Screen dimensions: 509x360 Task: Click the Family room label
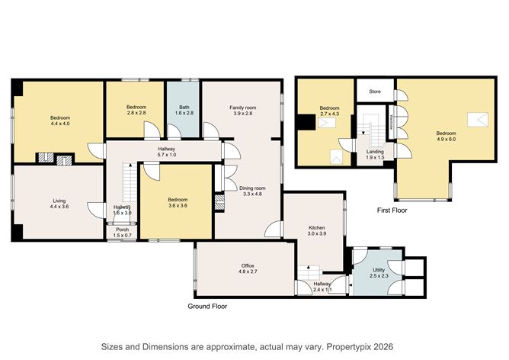(x=243, y=108)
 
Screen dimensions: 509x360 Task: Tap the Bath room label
(x=184, y=108)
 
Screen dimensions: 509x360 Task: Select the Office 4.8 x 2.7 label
(x=248, y=268)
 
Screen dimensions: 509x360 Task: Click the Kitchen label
(x=316, y=228)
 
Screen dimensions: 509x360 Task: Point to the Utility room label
(x=379, y=270)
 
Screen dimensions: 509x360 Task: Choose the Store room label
(x=375, y=92)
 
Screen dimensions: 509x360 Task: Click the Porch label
(x=123, y=230)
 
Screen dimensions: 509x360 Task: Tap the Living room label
(x=59, y=201)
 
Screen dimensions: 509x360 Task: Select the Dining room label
(x=252, y=188)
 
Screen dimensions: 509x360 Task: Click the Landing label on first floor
(x=375, y=152)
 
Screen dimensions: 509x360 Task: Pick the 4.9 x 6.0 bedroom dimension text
(x=446, y=139)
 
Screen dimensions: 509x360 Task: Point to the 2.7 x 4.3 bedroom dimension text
(x=329, y=114)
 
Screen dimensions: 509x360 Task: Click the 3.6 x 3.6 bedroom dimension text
(x=178, y=205)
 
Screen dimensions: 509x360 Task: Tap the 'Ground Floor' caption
(x=207, y=307)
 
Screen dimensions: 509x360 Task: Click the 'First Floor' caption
(x=392, y=211)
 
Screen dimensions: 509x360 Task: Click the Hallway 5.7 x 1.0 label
(x=167, y=152)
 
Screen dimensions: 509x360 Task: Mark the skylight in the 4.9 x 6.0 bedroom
(x=478, y=120)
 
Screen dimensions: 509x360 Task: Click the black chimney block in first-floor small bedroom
(x=306, y=122)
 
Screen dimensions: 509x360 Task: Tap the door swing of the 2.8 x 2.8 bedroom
(x=152, y=129)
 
